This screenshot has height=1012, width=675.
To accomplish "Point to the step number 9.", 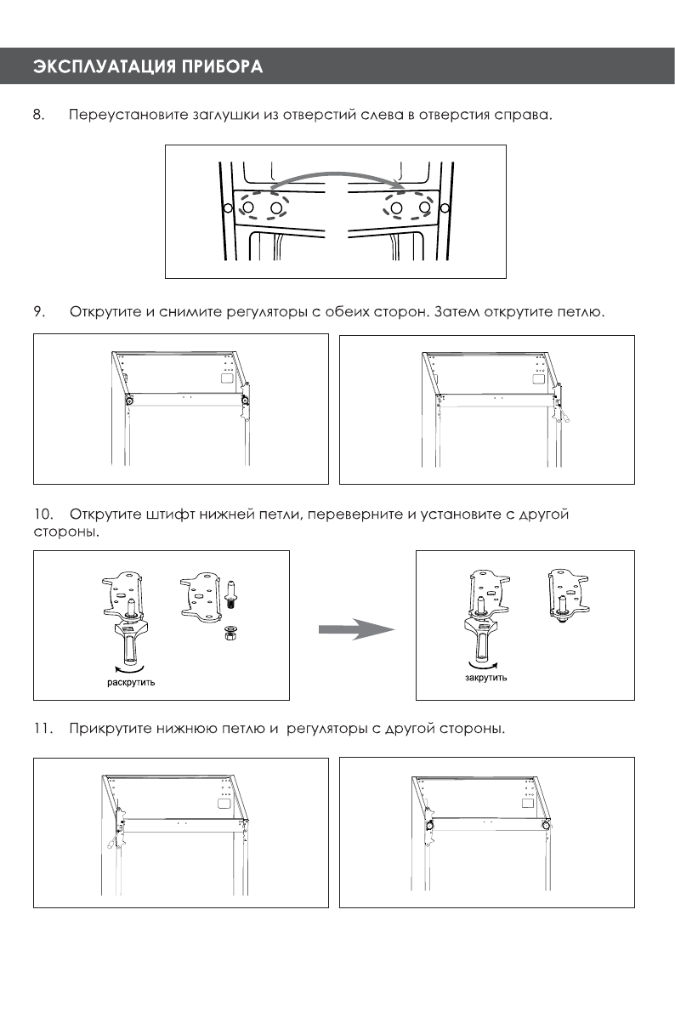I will point(38,312).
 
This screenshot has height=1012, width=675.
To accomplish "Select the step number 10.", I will point(43,515).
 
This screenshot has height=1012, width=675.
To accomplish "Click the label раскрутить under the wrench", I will point(130,683).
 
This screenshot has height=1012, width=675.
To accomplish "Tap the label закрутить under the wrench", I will point(485,678).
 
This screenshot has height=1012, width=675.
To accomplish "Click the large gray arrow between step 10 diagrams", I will point(355,630).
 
